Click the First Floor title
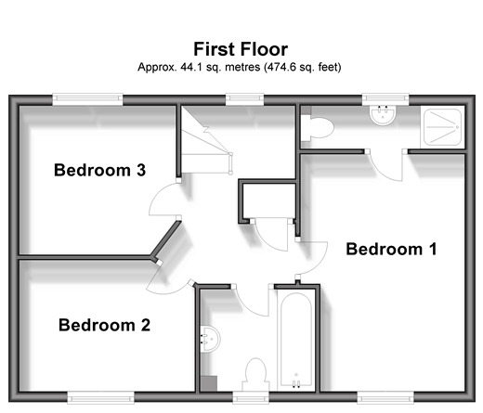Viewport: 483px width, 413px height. (241, 49)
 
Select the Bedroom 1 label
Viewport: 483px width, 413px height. (391, 249)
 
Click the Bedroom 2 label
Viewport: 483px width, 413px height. (104, 325)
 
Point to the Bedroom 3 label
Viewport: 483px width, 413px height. (99, 170)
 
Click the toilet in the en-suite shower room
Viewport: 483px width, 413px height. (318, 128)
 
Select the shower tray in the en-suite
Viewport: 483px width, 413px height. (443, 127)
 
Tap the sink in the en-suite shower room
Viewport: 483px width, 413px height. (383, 115)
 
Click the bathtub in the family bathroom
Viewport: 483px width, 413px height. (296, 340)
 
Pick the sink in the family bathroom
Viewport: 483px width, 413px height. (211, 339)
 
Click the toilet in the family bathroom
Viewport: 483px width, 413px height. (255, 375)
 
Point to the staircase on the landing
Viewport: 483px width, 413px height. (206, 140)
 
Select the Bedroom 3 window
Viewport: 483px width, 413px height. (87, 98)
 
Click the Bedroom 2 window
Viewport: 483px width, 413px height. (101, 397)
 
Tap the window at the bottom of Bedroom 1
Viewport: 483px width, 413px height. (385, 397)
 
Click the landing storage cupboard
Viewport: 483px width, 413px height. (268, 200)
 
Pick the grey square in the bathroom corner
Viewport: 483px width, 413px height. (209, 384)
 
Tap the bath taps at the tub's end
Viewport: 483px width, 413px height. (296, 384)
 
